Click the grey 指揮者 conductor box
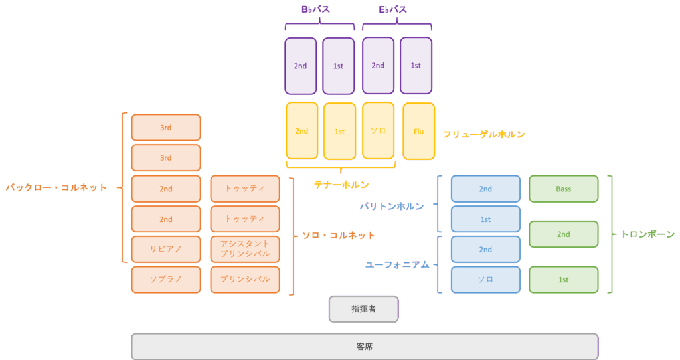(x=363, y=310)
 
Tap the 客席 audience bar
(x=365, y=347)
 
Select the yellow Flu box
(x=418, y=132)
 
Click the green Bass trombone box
(x=563, y=189)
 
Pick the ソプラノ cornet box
(x=165, y=280)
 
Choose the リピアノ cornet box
(x=165, y=249)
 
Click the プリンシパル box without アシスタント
(x=245, y=280)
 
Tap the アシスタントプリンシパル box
(x=245, y=249)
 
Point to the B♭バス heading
(x=315, y=9)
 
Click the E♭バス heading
(x=393, y=9)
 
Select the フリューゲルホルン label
(x=483, y=134)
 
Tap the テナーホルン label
(x=341, y=185)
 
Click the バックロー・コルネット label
(x=56, y=188)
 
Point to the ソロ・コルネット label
(x=338, y=236)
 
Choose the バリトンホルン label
(x=392, y=207)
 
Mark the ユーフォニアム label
(x=397, y=264)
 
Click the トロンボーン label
(x=648, y=234)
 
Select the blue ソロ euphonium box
(x=485, y=280)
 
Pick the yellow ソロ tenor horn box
(x=378, y=131)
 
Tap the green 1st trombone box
(x=563, y=280)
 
